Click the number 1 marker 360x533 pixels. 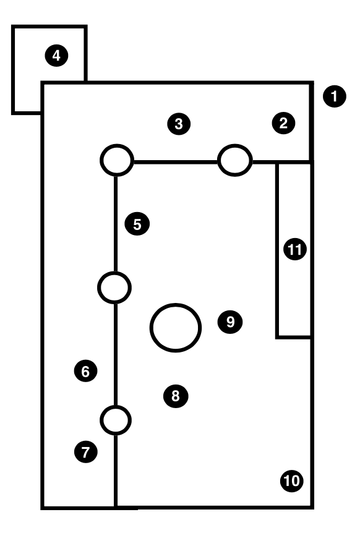(x=335, y=96)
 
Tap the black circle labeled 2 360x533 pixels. (x=283, y=123)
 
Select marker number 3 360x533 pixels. (x=179, y=124)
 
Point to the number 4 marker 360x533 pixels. (x=56, y=56)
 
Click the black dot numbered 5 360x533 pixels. (x=137, y=224)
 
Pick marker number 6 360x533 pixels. (x=85, y=371)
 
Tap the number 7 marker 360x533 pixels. (x=85, y=452)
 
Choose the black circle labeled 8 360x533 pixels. (x=176, y=396)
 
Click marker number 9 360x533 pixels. (x=230, y=322)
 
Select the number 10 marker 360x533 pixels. (x=292, y=480)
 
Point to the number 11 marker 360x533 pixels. (x=294, y=250)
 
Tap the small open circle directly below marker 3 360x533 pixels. (x=117, y=145)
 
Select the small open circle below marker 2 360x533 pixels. (x=235, y=145)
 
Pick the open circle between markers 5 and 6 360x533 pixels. (x=114, y=273)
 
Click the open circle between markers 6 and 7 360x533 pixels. (x=116, y=406)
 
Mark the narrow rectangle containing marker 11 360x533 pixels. (x=276, y=250)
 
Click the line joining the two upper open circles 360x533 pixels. (x=176, y=162)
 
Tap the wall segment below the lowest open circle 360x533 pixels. (x=116, y=471)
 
